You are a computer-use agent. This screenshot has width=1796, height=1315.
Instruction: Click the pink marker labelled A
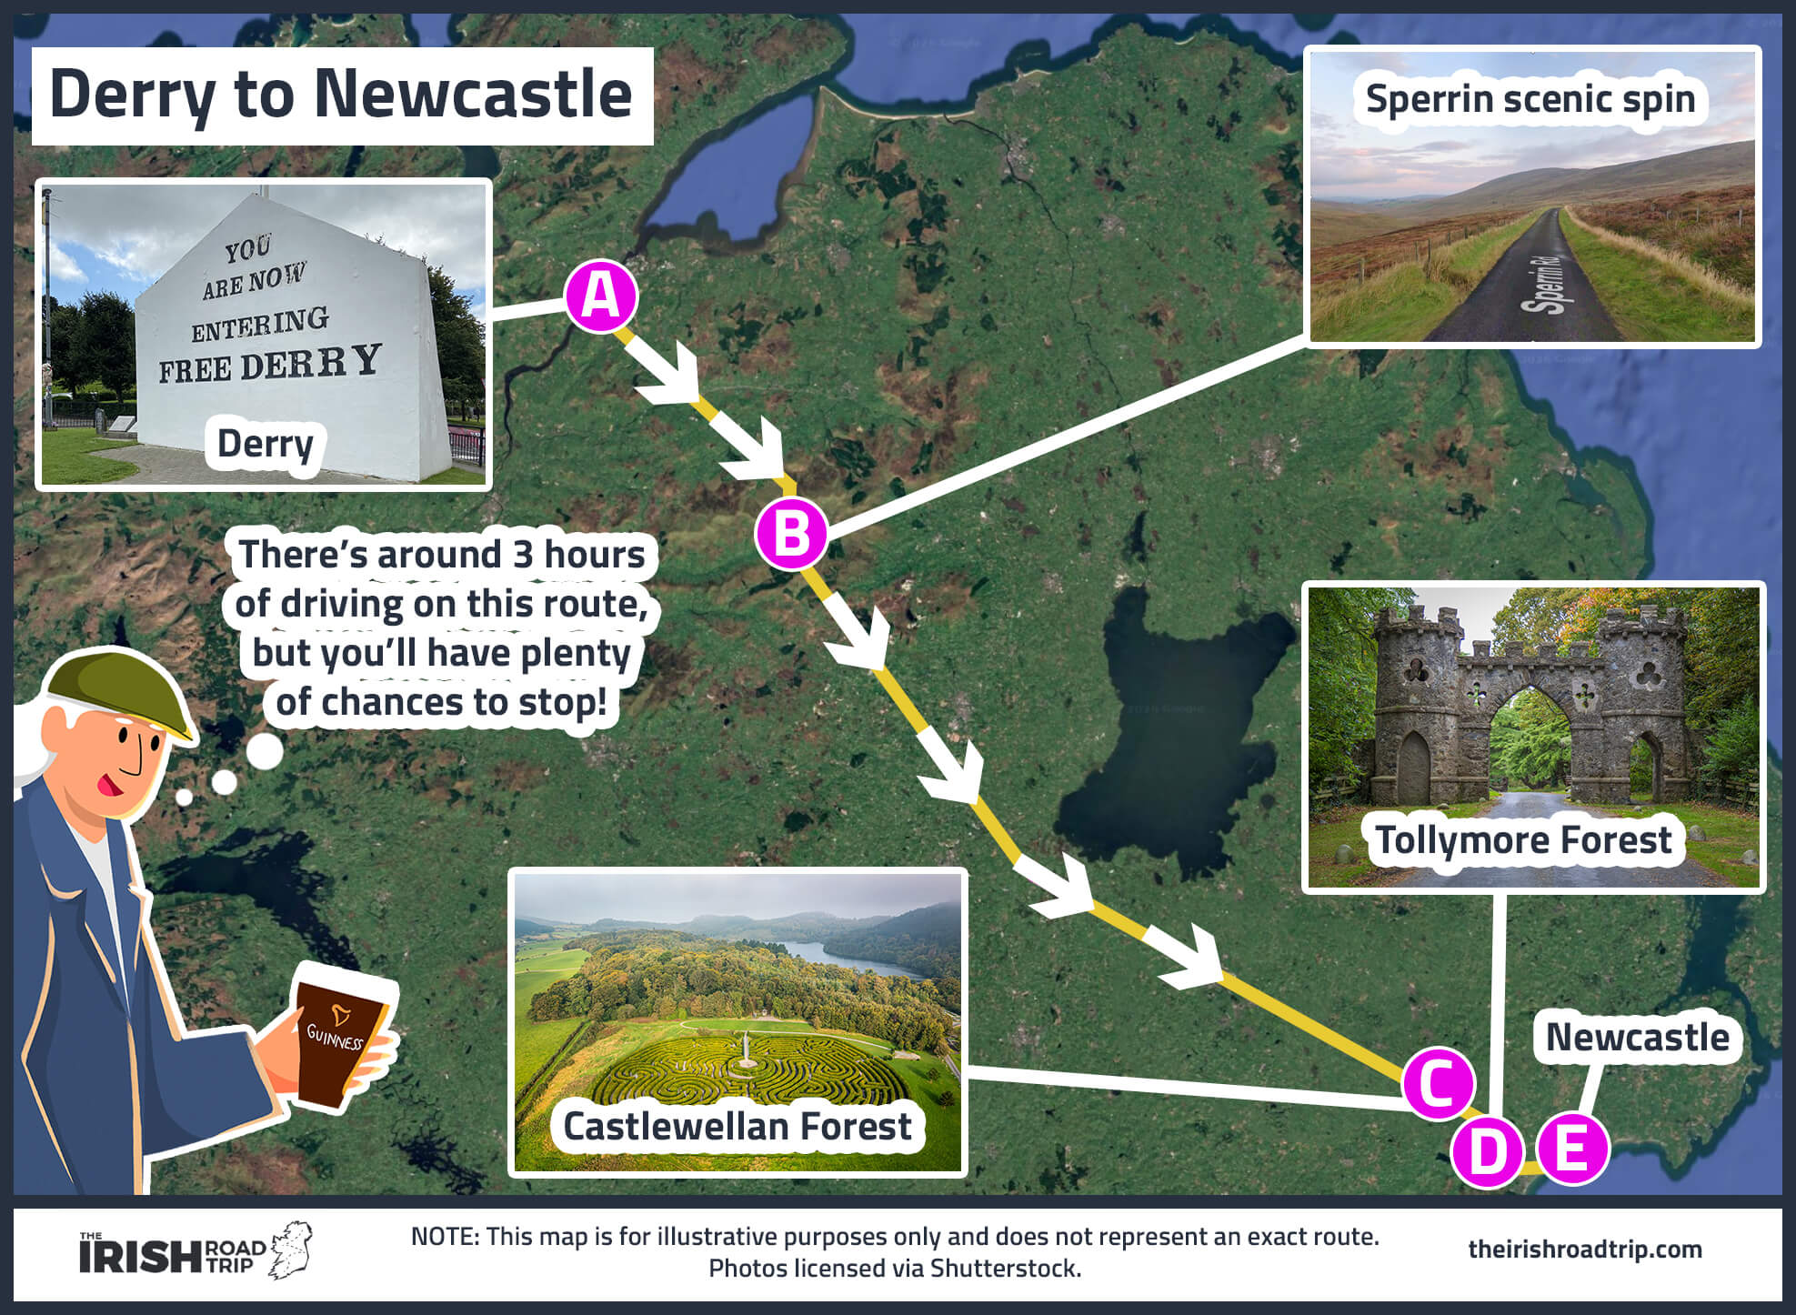click(601, 296)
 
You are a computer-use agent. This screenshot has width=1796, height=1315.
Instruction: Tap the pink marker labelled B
click(791, 534)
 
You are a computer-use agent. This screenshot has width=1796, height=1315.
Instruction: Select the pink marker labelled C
click(1438, 1083)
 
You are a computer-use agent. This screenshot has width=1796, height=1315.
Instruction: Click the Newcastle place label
click(1637, 1037)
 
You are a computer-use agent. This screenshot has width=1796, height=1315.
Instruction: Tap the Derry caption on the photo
click(265, 444)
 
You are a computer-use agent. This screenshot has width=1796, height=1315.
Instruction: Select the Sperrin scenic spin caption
click(1530, 98)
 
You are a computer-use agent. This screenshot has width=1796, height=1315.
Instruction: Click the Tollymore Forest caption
click(1523, 839)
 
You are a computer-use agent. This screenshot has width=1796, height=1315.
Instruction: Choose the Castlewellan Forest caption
click(737, 1126)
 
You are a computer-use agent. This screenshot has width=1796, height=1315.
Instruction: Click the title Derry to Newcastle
click(341, 95)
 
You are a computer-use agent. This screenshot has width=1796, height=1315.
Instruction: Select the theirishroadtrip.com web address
click(1584, 1249)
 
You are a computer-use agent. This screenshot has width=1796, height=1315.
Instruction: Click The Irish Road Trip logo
click(195, 1251)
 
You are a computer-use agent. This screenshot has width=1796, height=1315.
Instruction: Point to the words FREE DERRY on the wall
click(269, 364)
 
